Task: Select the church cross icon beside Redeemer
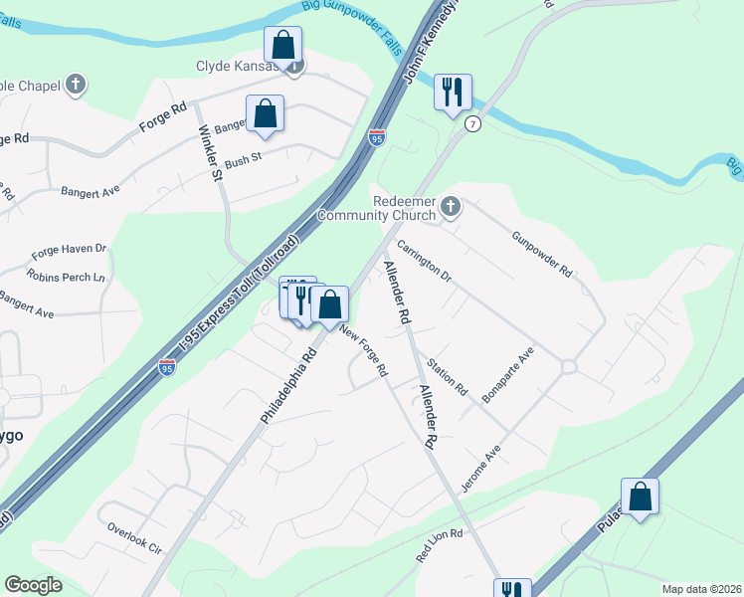[x=450, y=207]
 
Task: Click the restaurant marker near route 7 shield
[x=453, y=93]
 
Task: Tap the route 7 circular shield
[x=473, y=123]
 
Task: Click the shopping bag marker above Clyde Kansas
[x=282, y=45]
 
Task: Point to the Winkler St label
[x=210, y=151]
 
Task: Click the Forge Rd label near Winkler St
[x=164, y=115]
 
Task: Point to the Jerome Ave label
[x=480, y=469]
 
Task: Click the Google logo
[x=35, y=585]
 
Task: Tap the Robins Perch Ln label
[x=66, y=277]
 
